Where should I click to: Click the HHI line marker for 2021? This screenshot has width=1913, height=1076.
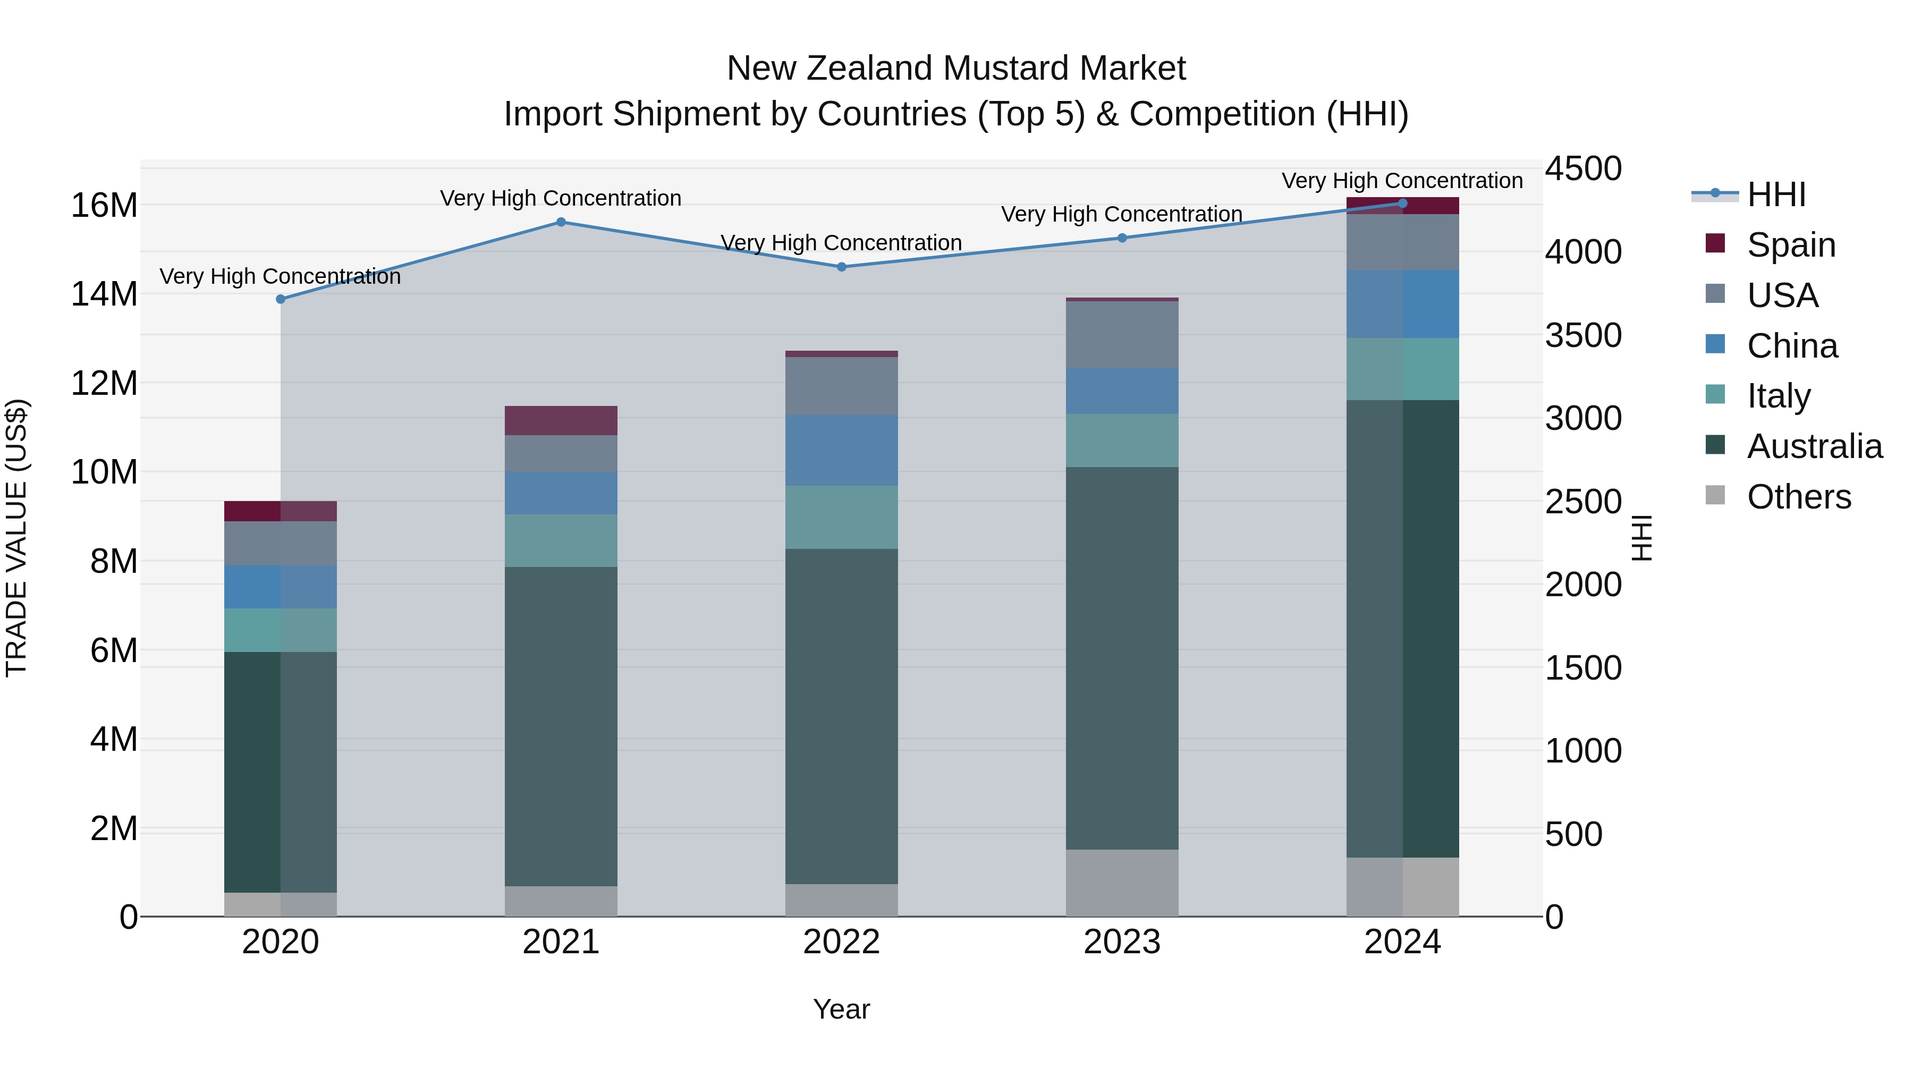561,222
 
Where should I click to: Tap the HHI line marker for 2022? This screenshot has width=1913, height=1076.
841,267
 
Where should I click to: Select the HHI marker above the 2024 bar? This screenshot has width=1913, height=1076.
1402,204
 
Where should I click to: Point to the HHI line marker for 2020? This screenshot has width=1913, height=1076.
281,299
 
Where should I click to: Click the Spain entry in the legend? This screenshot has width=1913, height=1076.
1790,245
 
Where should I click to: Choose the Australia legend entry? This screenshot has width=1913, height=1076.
1814,446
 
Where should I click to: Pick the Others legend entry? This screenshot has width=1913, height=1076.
1798,497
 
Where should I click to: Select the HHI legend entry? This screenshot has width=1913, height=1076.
1775,194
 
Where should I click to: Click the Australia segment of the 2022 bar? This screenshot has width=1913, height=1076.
841,717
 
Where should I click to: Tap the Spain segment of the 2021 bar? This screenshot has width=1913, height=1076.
561,420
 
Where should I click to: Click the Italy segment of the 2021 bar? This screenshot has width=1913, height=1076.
561,540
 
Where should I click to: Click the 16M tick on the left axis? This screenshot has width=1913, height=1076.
104,205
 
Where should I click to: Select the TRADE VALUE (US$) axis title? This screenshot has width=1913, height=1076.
16,538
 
